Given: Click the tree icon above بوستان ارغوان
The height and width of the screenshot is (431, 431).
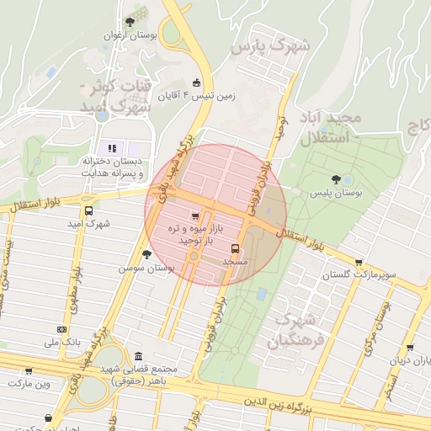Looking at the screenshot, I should pyautogui.click(x=129, y=22).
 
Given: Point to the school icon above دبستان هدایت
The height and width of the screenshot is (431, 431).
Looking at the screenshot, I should pyautogui.click(x=112, y=149).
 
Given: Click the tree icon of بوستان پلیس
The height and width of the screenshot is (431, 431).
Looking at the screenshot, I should pyautogui.click(x=337, y=179).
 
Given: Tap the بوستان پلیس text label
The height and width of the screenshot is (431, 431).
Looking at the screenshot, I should pyautogui.click(x=337, y=194).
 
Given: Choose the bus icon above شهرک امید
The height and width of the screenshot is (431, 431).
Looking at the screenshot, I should pyautogui.click(x=89, y=211).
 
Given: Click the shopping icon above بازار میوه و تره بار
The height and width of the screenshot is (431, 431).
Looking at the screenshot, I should pyautogui.click(x=196, y=215).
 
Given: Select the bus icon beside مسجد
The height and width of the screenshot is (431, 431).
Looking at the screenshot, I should pyautogui.click(x=235, y=248).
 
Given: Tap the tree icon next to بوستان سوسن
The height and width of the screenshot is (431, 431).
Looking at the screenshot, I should pyautogui.click(x=146, y=254).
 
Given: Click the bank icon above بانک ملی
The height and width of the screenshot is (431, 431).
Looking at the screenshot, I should pyautogui.click(x=61, y=329).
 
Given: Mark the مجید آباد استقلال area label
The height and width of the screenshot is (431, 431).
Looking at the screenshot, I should pyautogui.click(x=335, y=127).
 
